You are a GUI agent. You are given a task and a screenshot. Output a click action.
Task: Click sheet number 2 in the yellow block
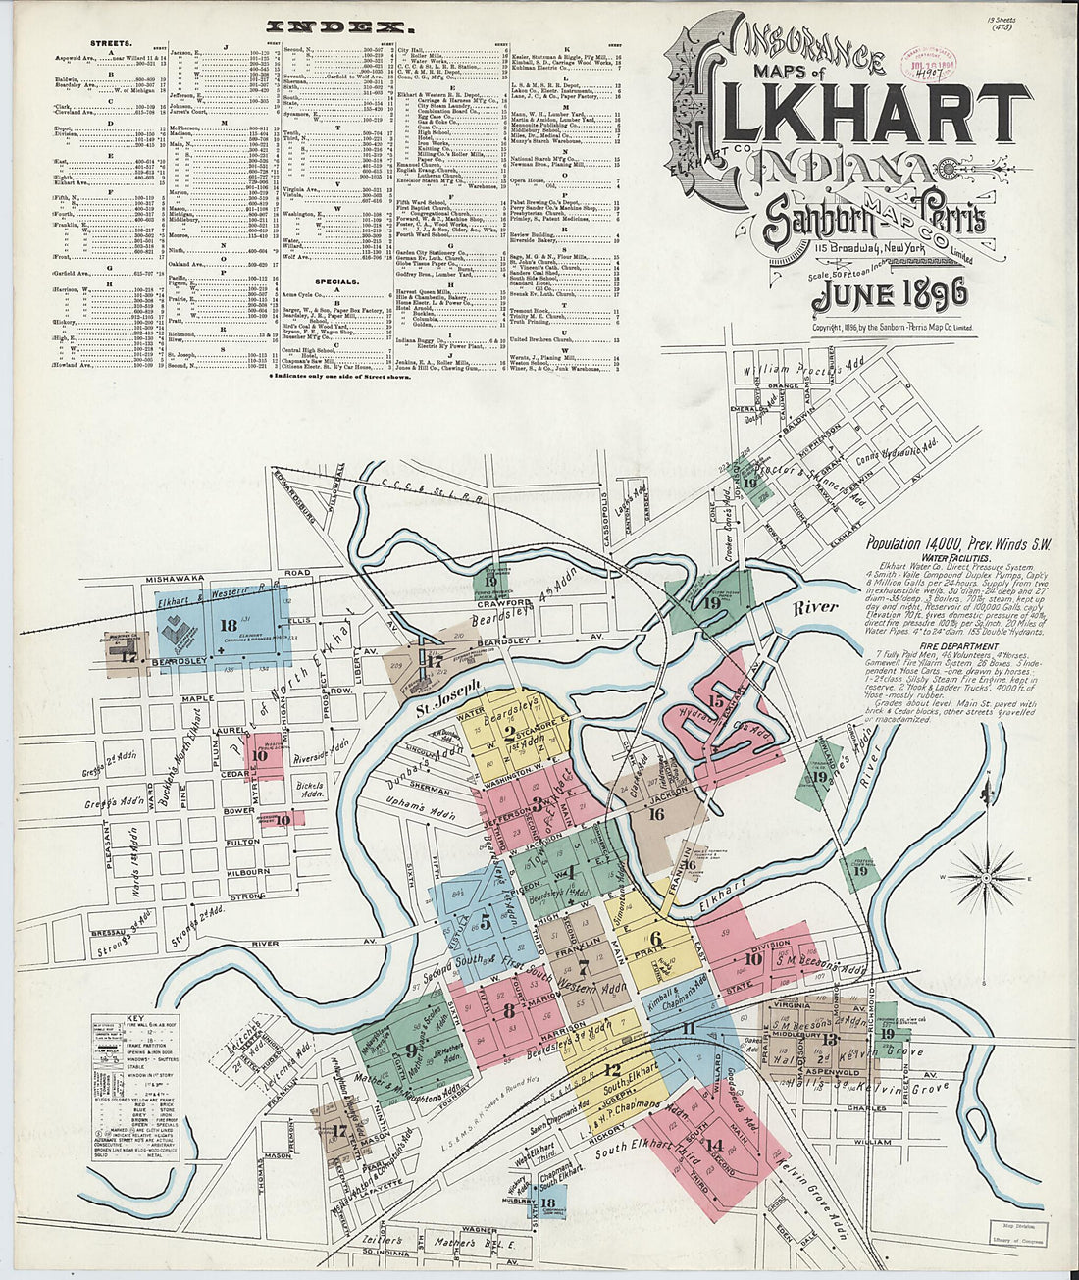point(509,730)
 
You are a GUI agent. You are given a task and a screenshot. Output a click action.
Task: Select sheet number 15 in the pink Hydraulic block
point(716,700)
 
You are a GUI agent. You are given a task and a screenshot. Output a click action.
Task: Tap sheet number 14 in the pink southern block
point(714,1145)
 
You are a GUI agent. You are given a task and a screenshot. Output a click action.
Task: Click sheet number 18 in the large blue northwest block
point(230,626)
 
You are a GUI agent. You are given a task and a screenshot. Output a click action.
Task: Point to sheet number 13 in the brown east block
point(831,1039)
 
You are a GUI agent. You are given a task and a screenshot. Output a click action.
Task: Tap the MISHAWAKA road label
point(175,579)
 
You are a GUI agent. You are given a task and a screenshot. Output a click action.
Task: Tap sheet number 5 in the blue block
point(485,921)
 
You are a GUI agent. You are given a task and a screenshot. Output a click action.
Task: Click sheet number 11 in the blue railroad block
point(689,1028)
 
